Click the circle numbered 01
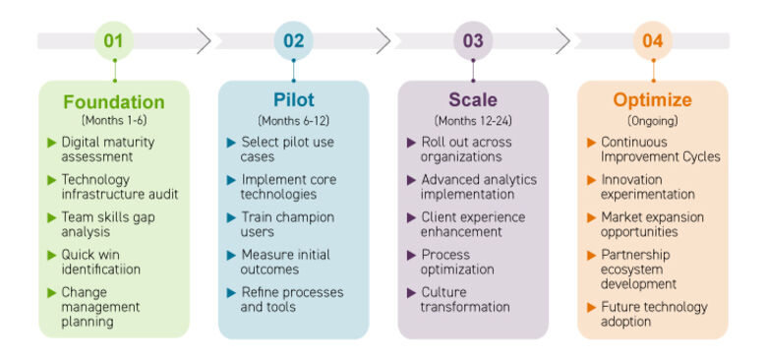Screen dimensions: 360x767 tap(114, 41)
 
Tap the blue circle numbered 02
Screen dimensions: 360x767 tap(293, 41)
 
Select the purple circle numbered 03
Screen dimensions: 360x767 tap(473, 41)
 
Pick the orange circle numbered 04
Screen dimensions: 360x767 tap(652, 41)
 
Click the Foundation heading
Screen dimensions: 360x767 tap(114, 101)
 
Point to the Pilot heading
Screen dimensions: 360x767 tap(293, 100)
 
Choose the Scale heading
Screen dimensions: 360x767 tap(473, 100)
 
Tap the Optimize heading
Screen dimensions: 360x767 tap(652, 100)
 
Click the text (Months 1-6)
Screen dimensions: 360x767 tap(114, 120)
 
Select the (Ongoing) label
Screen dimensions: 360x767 tap(652, 120)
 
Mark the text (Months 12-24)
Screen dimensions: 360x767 tap(473, 120)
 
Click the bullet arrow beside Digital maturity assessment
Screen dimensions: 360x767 tap(52, 143)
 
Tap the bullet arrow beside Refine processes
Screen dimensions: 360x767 tap(231, 293)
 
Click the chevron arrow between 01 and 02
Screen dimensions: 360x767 tap(203, 41)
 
